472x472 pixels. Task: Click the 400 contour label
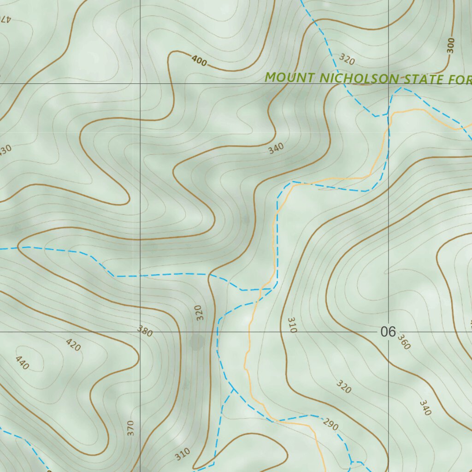click(x=199, y=60)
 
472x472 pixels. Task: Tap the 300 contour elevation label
click(x=451, y=45)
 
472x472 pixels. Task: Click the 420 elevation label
click(x=73, y=344)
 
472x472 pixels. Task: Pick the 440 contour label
click(x=22, y=363)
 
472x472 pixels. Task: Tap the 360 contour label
click(x=403, y=342)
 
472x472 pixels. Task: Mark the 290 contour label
click(x=330, y=424)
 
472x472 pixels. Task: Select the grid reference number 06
click(x=388, y=331)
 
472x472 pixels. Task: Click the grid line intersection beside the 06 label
click(x=388, y=331)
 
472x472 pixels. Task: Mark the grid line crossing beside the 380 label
click(x=141, y=331)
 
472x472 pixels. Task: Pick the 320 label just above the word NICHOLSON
click(x=347, y=59)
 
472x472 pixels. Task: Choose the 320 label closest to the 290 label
click(x=344, y=387)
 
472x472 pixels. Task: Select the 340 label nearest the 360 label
click(x=425, y=407)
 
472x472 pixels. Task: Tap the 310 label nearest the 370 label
click(x=183, y=454)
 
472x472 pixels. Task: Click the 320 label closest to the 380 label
click(x=199, y=313)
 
